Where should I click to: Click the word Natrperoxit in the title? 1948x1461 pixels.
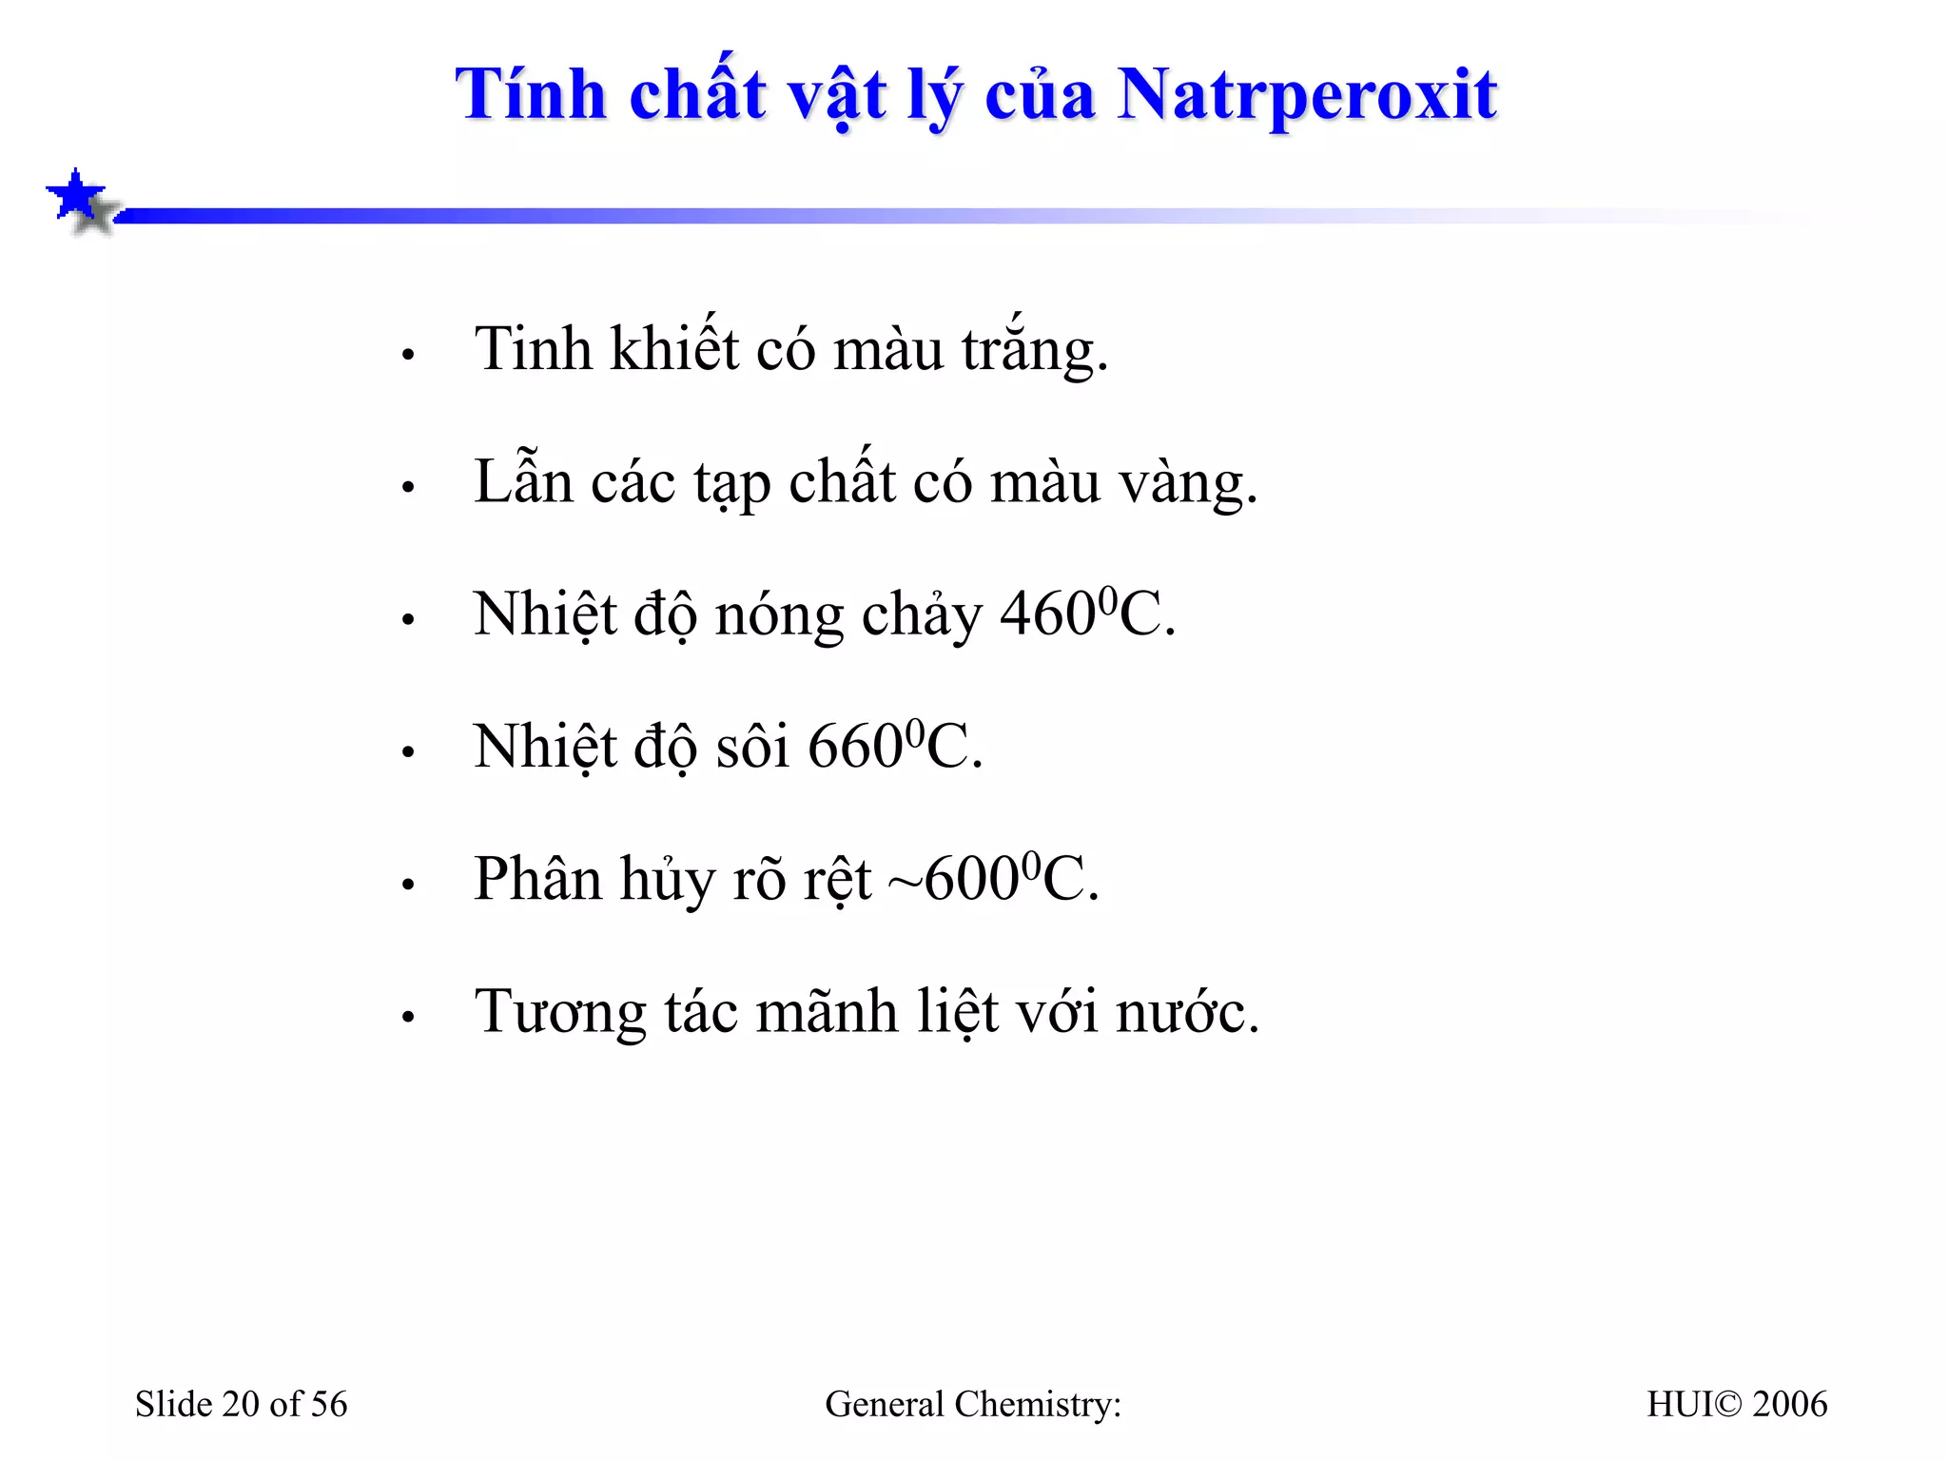coord(1307,96)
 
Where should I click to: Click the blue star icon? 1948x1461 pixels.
coord(76,195)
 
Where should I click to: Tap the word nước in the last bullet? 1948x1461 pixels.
coord(1187,1011)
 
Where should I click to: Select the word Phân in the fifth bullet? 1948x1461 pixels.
coord(537,879)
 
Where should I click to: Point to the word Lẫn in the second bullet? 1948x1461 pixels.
coord(523,481)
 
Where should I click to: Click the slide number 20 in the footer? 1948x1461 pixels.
coord(241,1405)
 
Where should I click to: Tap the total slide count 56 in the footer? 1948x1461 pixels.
coord(329,1405)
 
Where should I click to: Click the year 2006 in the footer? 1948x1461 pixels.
coord(1789,1405)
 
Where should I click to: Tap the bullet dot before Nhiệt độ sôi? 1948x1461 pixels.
coord(409,752)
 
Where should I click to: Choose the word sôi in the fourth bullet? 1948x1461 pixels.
coord(752,747)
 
